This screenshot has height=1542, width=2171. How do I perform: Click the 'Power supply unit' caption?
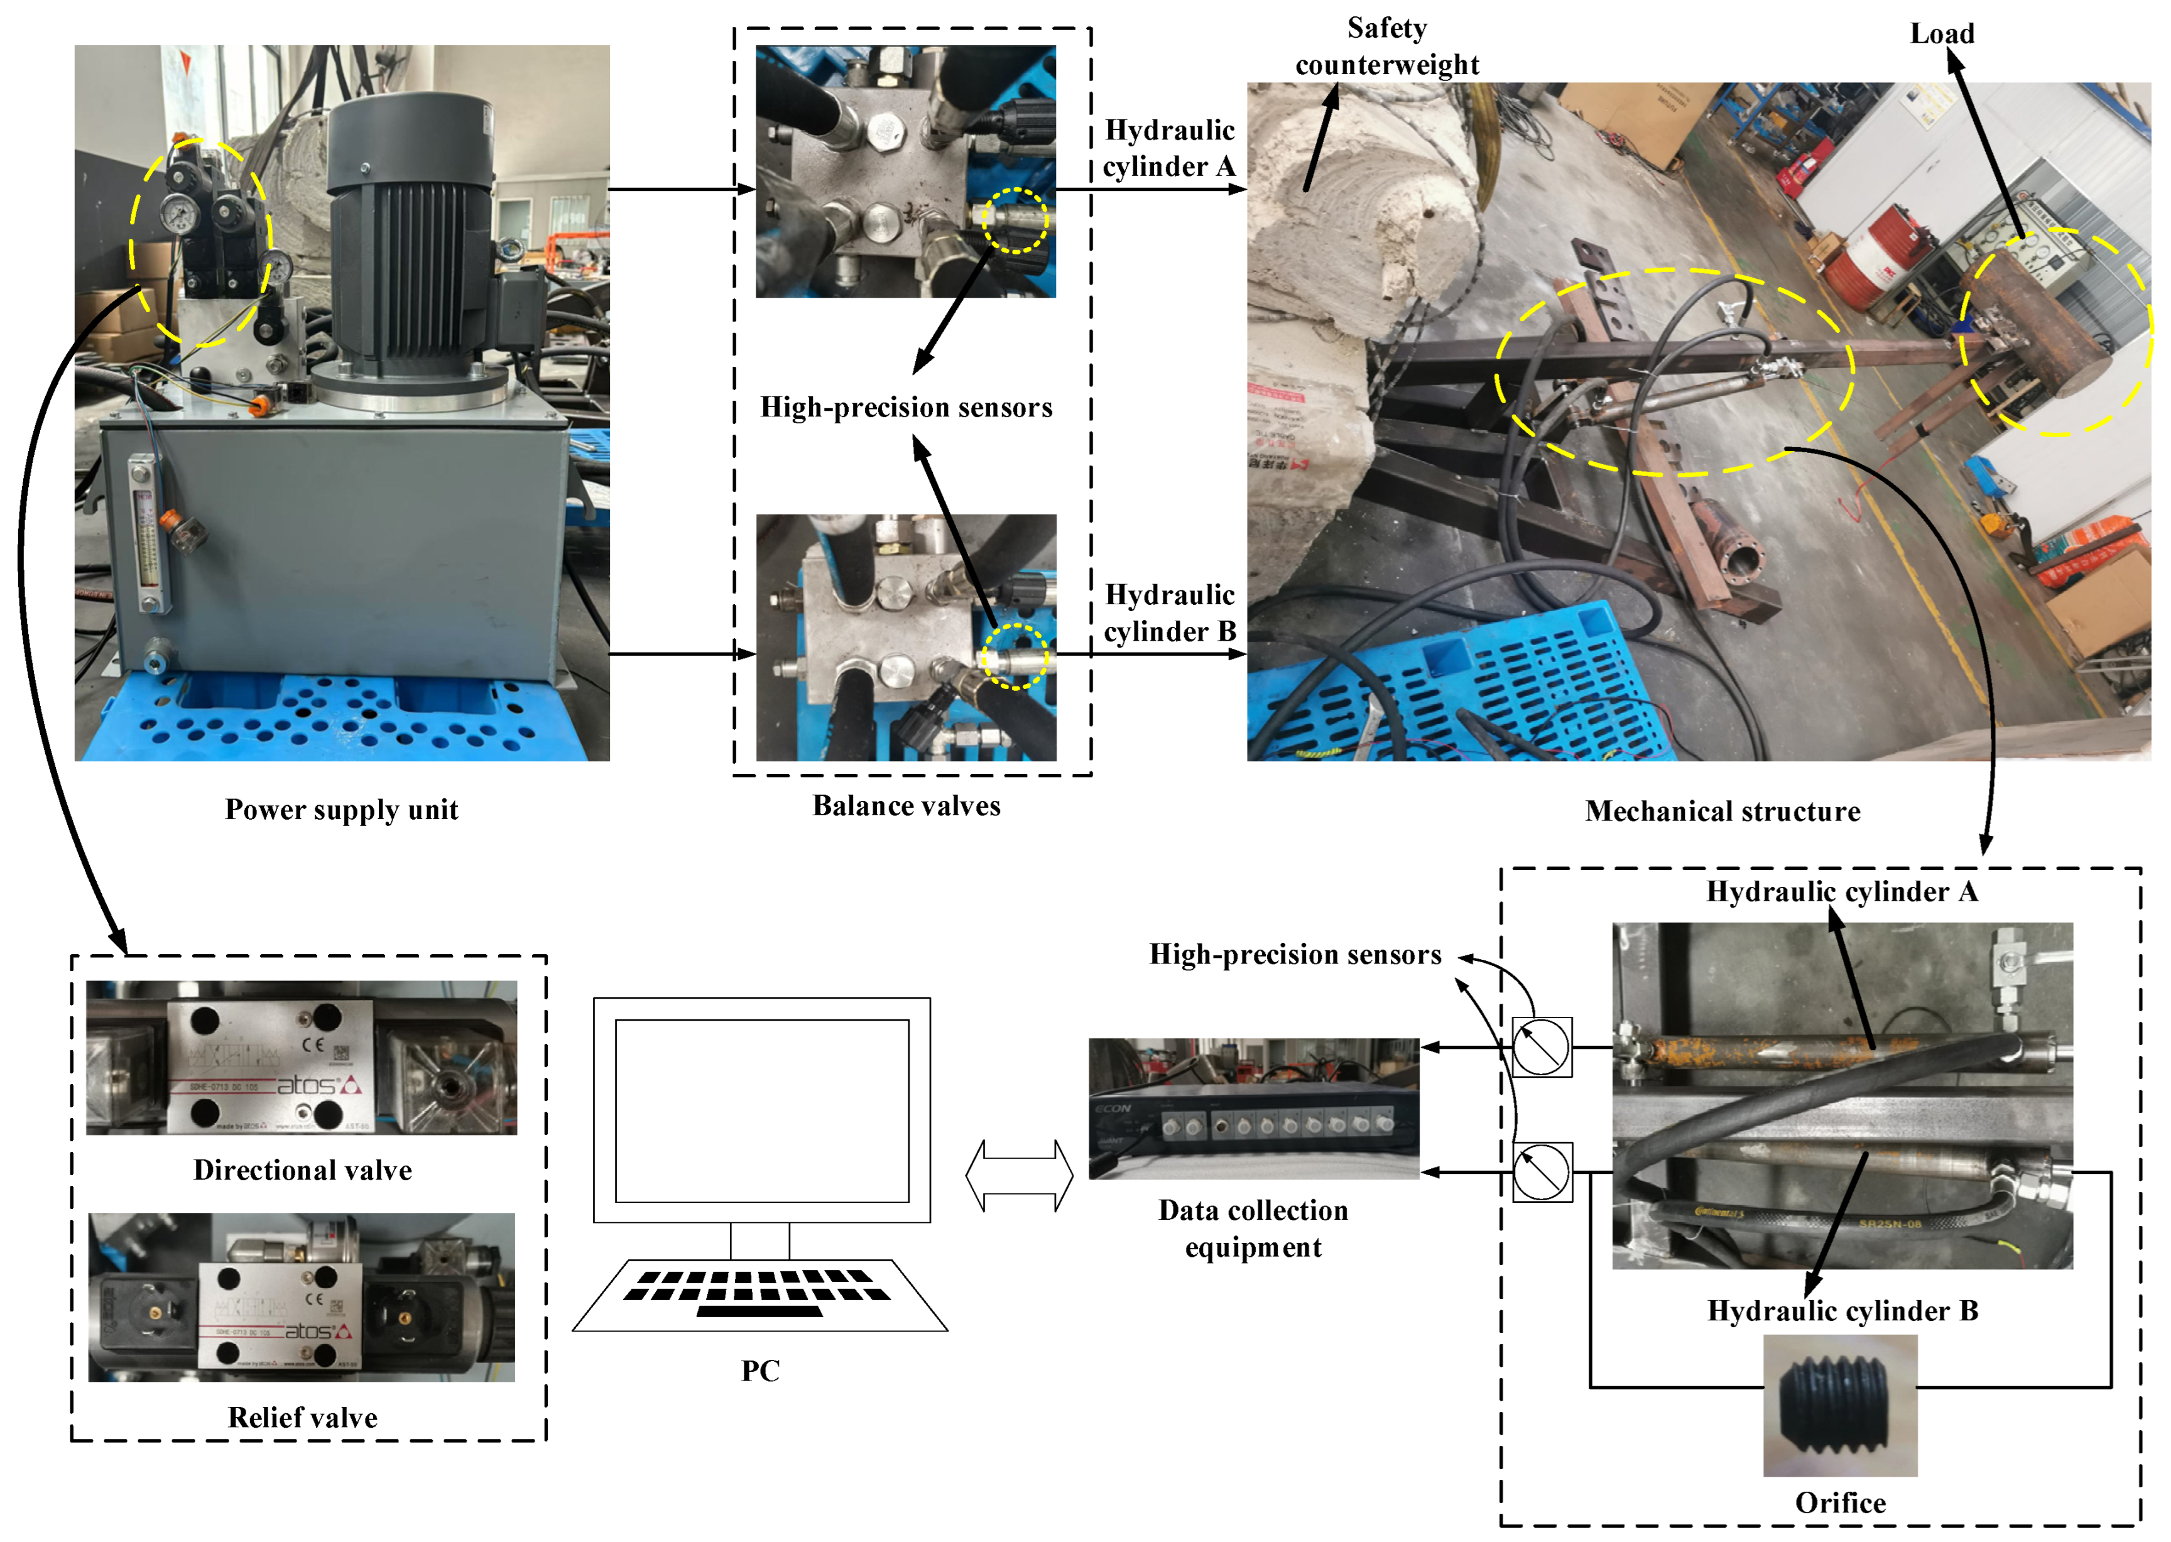(341, 809)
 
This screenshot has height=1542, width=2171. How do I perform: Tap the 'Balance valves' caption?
(906, 805)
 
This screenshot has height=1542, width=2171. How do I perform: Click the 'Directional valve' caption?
(302, 1170)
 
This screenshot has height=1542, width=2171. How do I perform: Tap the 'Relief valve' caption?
(302, 1418)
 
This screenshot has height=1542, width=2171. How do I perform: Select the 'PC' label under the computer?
(759, 1371)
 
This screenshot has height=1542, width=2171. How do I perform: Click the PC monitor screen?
(761, 1111)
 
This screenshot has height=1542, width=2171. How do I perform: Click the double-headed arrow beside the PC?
(1019, 1175)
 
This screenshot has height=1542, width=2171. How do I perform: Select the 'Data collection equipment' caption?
(1253, 1228)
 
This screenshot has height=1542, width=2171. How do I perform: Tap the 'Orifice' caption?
(1839, 1502)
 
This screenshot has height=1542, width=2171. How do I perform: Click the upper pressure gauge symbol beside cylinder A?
(1542, 1046)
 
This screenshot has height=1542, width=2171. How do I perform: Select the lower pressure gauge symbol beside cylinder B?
(1542, 1171)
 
